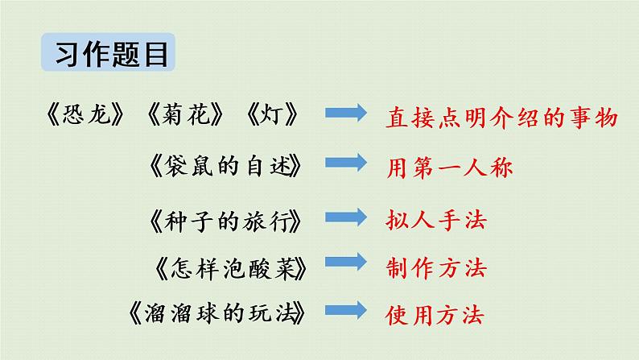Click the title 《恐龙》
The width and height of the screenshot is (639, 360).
coord(85,116)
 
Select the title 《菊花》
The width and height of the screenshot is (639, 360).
coord(184,116)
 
